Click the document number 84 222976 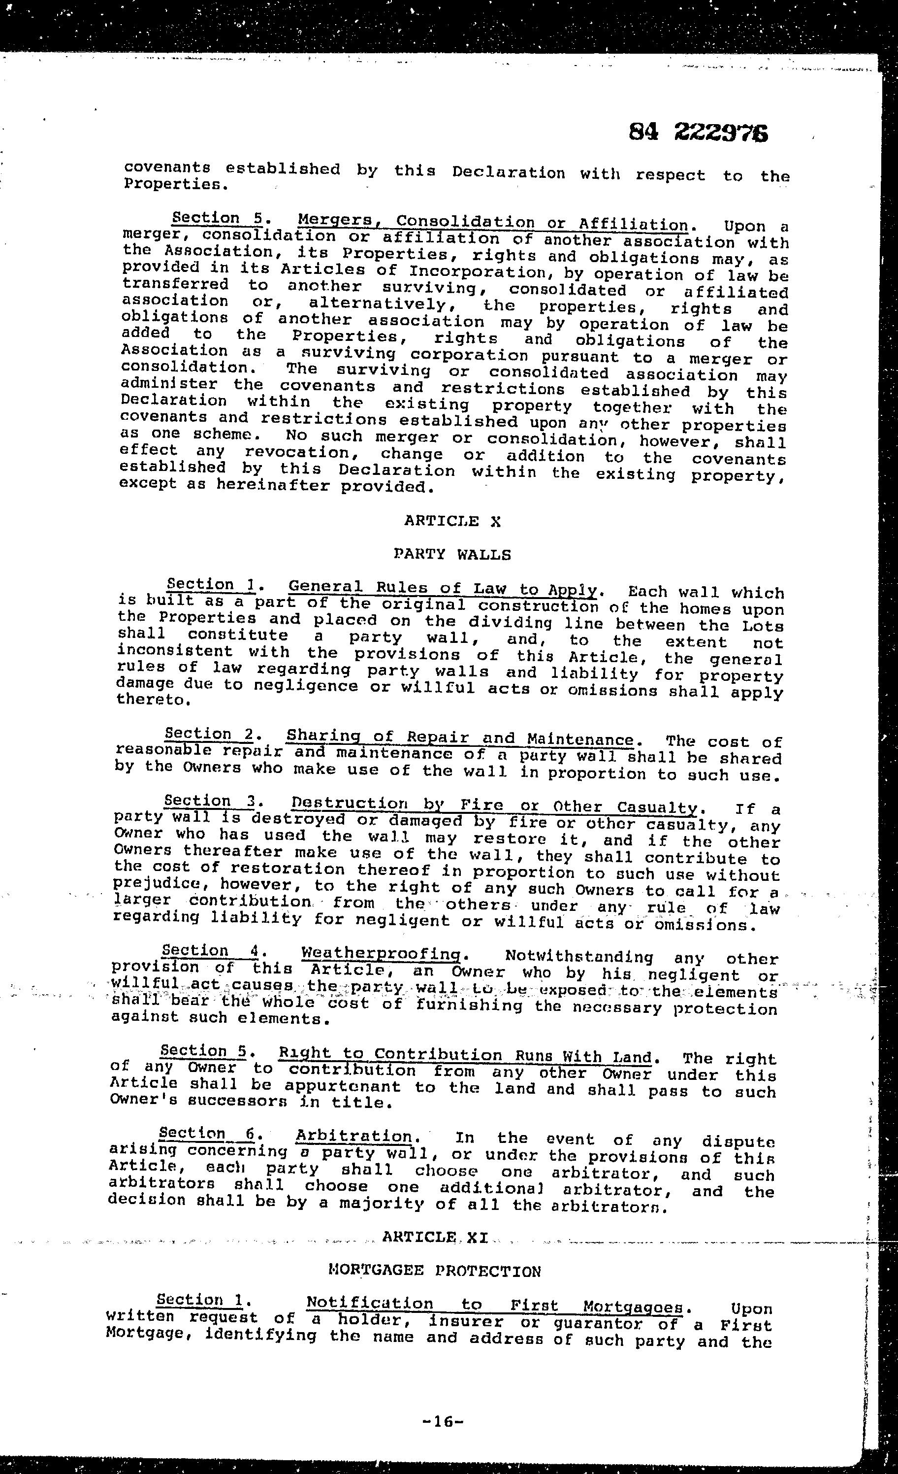pos(698,132)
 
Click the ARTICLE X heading pos(452,521)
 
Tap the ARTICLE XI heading pos(435,1237)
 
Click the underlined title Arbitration pos(354,1136)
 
